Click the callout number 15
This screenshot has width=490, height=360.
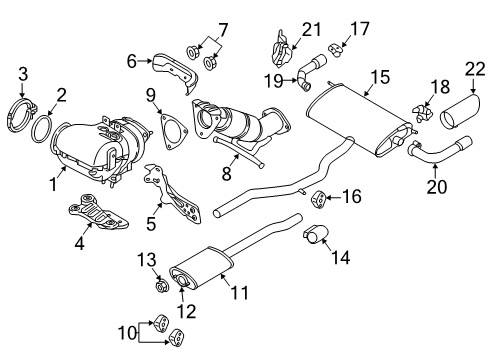click(x=378, y=76)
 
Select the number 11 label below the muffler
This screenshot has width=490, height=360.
click(x=238, y=293)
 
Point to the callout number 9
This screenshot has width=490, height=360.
click(x=151, y=96)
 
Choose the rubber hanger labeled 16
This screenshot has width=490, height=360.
click(x=322, y=194)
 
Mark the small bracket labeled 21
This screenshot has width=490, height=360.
click(x=281, y=46)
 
